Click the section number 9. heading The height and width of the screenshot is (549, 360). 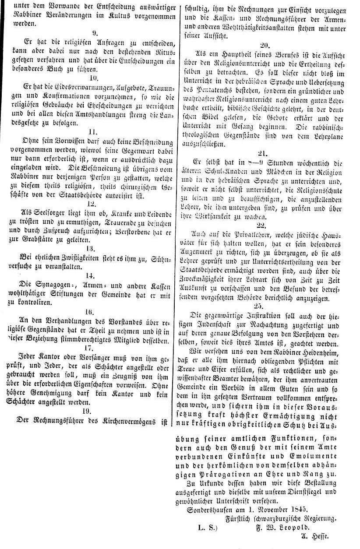[x=95, y=32]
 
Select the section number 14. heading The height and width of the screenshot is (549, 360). [x=91, y=276]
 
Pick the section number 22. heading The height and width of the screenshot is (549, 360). [x=261, y=225]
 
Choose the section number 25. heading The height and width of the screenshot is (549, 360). [x=258, y=306]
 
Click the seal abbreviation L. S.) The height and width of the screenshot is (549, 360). [x=207, y=527]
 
